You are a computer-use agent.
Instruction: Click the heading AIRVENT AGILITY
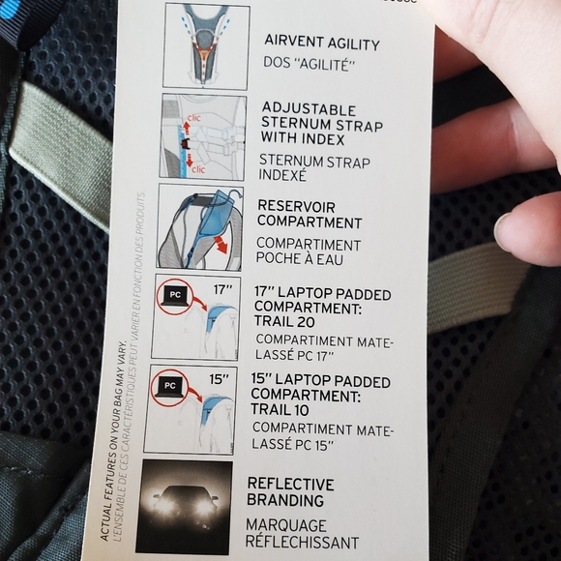point(322,43)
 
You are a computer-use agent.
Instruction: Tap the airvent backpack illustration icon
point(206,44)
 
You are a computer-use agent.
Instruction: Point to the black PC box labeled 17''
point(174,293)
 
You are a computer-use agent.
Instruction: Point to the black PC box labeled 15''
point(169,385)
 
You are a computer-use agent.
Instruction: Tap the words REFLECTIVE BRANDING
point(290,491)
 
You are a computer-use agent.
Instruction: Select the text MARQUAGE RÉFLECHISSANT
point(303,533)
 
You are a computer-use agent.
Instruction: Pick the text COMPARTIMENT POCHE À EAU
point(308,252)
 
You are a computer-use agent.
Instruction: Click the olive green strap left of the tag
point(56,144)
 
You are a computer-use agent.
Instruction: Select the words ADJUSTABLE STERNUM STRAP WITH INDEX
point(320,126)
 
